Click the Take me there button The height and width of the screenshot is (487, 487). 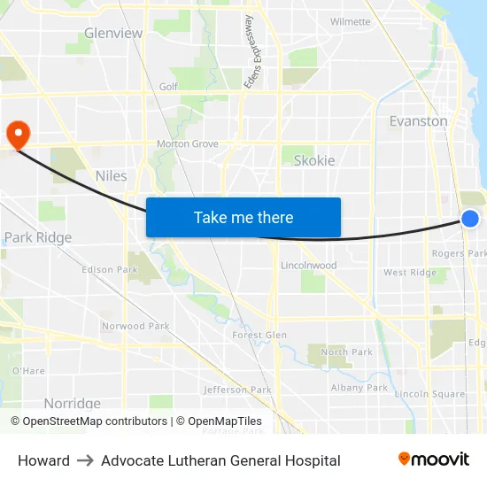(243, 217)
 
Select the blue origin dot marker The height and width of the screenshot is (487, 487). (470, 219)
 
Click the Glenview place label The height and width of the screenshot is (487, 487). (113, 34)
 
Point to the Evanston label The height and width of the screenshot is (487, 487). (418, 121)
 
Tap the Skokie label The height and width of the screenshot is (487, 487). (314, 160)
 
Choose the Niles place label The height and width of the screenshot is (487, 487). (111, 176)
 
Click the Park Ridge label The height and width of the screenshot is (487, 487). (38, 238)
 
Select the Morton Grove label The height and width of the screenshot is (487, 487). (188, 144)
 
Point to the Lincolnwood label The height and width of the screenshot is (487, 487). (308, 266)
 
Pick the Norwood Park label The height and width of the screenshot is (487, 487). (135, 327)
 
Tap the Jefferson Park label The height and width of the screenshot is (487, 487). (237, 390)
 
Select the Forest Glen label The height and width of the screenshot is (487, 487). (259, 336)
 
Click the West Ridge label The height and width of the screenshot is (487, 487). (410, 273)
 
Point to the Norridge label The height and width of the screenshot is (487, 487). (73, 404)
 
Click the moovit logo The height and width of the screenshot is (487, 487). (434, 460)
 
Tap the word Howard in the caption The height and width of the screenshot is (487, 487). (43, 460)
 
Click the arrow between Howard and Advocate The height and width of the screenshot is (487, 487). (86, 460)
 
